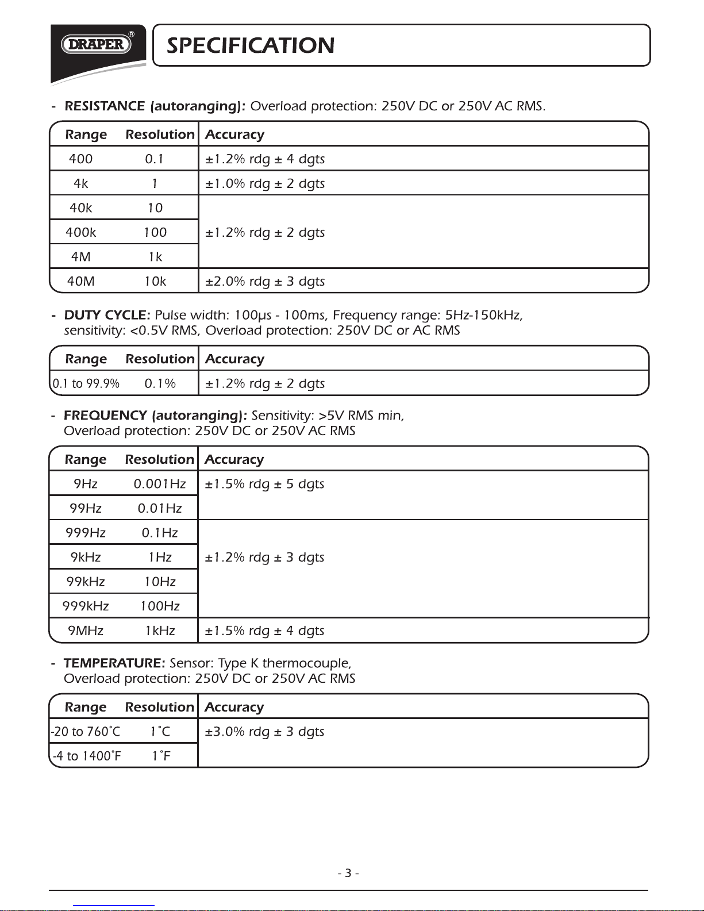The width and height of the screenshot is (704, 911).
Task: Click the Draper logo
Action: click(97, 44)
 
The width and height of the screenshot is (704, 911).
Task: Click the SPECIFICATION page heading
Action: click(250, 45)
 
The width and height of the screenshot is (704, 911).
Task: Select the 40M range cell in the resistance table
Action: click(81, 281)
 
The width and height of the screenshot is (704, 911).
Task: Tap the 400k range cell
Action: click(81, 232)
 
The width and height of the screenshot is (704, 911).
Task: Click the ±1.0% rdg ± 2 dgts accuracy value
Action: click(265, 183)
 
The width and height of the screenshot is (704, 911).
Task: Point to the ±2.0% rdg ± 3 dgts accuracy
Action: click(265, 281)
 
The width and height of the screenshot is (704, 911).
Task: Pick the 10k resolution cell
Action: click(155, 281)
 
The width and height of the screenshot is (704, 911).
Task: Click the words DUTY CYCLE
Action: click(107, 315)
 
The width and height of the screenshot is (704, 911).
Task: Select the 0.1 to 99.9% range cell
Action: click(86, 383)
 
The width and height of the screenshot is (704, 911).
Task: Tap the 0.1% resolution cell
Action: click(160, 383)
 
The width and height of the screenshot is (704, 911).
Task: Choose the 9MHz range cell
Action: click(86, 631)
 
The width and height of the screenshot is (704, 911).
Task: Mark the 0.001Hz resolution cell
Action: click(160, 484)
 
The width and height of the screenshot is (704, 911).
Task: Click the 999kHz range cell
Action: click(86, 606)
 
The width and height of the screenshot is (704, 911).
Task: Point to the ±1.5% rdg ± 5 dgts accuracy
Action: click(264, 484)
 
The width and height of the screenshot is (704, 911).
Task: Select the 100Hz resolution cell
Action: click(160, 606)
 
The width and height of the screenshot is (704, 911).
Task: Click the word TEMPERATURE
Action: click(114, 663)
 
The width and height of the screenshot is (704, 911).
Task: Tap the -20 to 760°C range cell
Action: click(86, 732)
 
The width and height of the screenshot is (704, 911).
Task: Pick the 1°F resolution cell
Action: click(161, 756)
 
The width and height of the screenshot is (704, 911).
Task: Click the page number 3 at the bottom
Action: click(348, 873)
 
